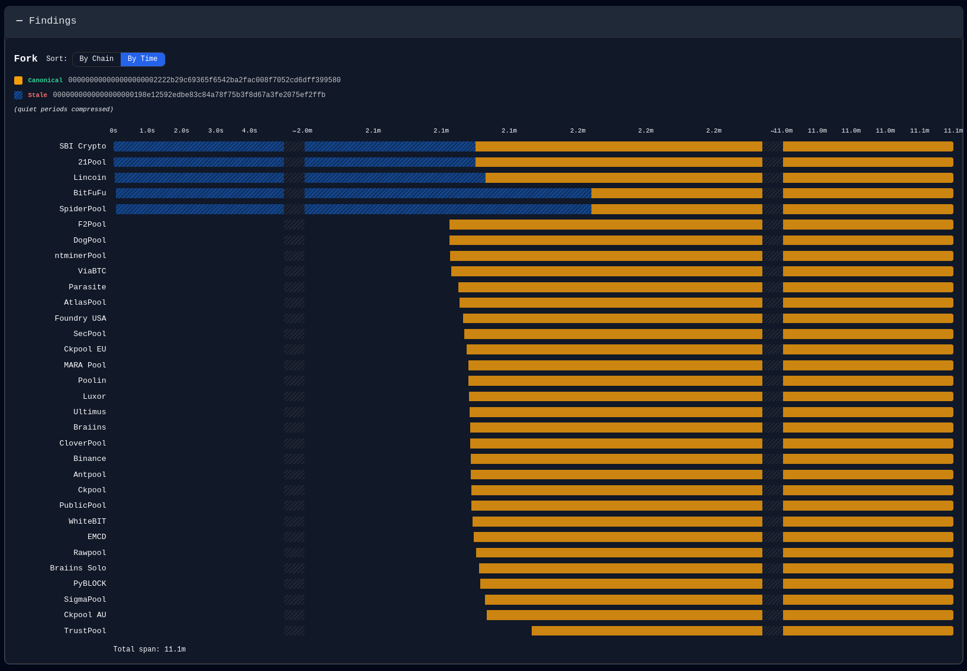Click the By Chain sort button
96,59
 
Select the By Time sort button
143,59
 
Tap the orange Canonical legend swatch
18,80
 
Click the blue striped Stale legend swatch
18,95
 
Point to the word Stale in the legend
38,95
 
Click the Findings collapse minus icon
20,21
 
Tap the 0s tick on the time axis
114,130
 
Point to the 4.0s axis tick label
250,130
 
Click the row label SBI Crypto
83,146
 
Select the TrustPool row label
85,631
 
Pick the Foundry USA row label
80,318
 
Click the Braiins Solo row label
78,568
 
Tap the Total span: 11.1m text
150,650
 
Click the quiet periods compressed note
64,109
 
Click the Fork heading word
26,59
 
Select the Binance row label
90,459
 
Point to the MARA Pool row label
85,365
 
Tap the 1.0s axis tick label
147,130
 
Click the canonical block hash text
205,80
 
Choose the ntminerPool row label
80,256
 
